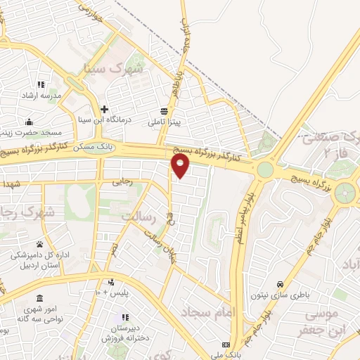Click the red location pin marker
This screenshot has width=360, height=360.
181,166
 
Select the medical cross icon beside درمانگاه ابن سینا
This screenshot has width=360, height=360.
105,109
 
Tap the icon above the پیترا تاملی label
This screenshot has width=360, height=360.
164,110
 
